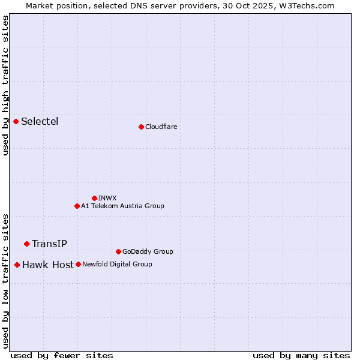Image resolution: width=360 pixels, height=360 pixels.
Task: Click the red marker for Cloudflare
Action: click(x=141, y=127)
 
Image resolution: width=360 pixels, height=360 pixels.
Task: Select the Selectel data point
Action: click(x=16, y=122)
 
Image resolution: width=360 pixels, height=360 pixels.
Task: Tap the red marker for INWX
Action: click(x=94, y=198)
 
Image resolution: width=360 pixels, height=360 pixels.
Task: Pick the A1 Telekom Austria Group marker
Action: click(x=77, y=206)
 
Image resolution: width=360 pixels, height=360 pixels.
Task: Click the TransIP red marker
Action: click(x=26, y=244)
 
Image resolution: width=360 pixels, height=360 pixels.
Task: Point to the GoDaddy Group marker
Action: click(x=118, y=251)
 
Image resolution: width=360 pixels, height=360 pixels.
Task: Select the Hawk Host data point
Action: click(x=17, y=265)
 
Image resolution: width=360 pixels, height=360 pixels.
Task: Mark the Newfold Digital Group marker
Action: click(x=78, y=264)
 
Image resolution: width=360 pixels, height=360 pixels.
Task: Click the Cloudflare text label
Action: click(x=161, y=127)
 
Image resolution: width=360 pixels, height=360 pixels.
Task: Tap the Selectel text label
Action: click(x=40, y=122)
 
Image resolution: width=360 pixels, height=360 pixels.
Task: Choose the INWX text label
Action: click(x=107, y=198)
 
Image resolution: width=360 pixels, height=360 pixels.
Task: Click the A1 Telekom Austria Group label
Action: click(x=122, y=206)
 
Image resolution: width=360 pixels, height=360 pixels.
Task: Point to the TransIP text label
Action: click(x=49, y=244)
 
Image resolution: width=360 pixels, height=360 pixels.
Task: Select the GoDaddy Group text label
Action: click(x=148, y=251)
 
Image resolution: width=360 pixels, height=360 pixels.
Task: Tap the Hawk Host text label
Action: click(x=48, y=265)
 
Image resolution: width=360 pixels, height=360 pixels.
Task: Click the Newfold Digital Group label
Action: click(x=117, y=264)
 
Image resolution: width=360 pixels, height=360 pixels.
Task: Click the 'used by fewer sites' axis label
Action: click(x=62, y=355)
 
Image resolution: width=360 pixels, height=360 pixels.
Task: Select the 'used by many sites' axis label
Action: click(x=301, y=355)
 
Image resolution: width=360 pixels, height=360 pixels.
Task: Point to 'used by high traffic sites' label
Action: click(x=5, y=85)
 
